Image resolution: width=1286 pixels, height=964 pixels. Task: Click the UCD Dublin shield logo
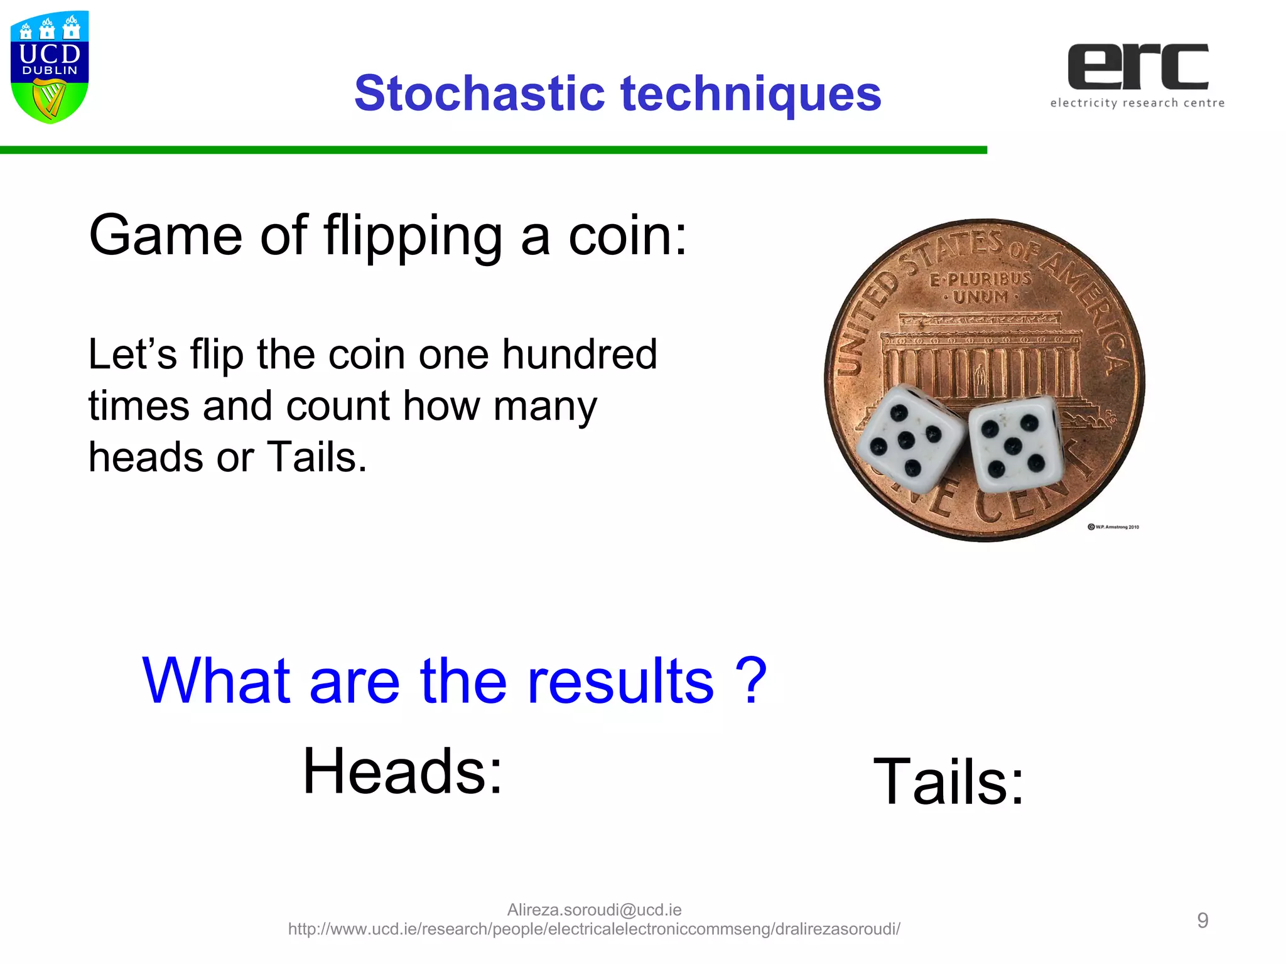pos(50,67)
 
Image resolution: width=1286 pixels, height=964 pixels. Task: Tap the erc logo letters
pos(1138,67)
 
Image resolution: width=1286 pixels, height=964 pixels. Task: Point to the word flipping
pos(413,236)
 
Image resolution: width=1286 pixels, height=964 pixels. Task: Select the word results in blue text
pos(620,680)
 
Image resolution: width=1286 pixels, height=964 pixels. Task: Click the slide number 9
pos(1202,920)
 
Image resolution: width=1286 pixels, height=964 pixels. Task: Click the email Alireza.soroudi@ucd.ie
pos(594,909)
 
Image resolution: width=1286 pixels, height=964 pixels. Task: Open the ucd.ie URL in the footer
pos(594,929)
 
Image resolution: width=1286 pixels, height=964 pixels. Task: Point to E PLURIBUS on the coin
pos(981,278)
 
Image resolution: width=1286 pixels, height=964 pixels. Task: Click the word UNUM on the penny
pos(981,297)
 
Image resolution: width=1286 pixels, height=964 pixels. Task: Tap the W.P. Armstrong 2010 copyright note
pos(1113,527)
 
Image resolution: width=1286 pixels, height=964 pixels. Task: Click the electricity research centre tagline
pos(1137,103)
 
